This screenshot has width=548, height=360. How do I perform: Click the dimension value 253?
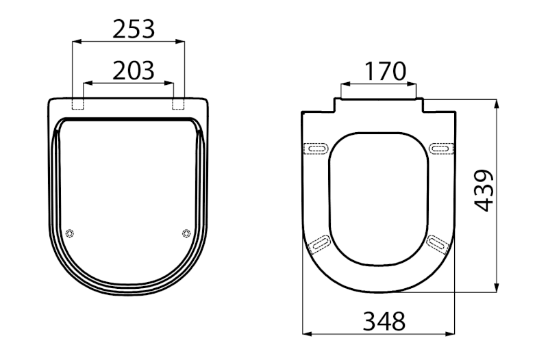coord(134,29)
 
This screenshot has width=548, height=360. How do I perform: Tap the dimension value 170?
coord(385,70)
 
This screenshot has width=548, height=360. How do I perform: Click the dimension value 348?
coord(384,320)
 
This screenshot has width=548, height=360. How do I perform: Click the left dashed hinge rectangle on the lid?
coord(78,103)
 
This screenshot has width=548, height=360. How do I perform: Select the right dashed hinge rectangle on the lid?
coord(179,103)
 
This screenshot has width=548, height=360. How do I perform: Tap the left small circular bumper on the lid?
coord(69,233)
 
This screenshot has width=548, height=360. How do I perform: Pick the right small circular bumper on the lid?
coord(186,233)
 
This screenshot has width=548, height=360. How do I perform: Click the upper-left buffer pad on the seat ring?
coord(316,147)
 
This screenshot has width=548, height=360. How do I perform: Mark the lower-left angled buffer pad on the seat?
coord(319,242)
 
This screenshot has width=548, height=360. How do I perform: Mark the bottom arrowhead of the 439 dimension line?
coord(497,289)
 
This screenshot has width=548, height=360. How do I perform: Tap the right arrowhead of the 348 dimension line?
coord(452,334)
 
